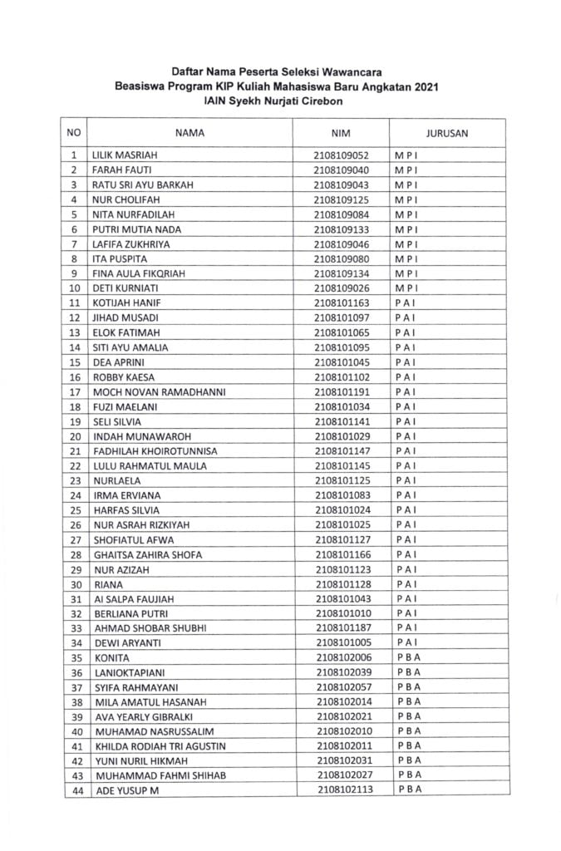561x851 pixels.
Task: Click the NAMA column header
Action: (x=189, y=132)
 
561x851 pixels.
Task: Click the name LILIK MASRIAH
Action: (x=124, y=155)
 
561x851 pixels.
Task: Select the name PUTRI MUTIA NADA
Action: (x=136, y=230)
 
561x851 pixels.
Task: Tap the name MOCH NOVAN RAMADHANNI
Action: (x=160, y=392)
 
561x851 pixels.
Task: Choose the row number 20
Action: (x=74, y=437)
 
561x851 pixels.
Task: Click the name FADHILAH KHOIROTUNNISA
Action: (x=156, y=451)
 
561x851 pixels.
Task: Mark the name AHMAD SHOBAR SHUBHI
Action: (x=150, y=628)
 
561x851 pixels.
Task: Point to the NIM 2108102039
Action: (x=343, y=673)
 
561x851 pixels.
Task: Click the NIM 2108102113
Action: (x=344, y=791)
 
